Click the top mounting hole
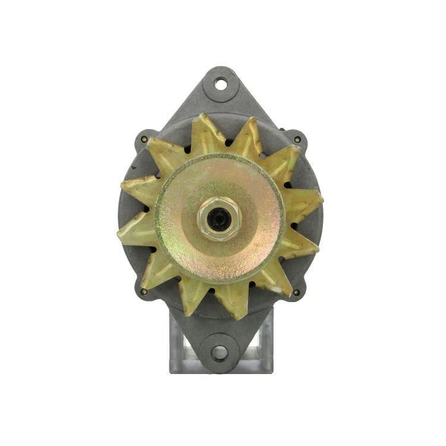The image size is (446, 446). (221, 84)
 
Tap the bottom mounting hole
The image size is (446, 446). (219, 353)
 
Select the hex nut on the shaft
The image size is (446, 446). (219, 218)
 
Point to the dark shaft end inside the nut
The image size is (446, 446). (220, 219)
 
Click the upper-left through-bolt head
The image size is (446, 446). (144, 140)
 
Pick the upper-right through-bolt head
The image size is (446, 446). (297, 140)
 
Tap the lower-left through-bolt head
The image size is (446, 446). (144, 291)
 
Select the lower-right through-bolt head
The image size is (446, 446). (296, 292)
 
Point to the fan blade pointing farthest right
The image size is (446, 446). (306, 205)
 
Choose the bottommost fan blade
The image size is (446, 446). (232, 303)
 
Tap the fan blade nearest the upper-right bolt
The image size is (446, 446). (282, 161)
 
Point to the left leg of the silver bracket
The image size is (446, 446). (177, 345)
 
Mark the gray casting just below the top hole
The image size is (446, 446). (221, 104)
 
